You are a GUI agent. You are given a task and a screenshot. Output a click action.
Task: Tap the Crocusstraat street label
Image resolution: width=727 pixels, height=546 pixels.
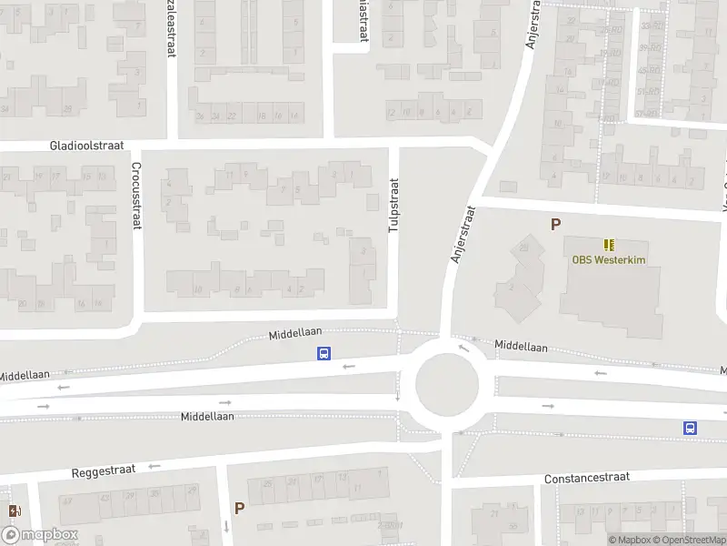(135, 195)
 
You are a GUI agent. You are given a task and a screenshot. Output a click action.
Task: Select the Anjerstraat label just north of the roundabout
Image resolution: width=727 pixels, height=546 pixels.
(463, 235)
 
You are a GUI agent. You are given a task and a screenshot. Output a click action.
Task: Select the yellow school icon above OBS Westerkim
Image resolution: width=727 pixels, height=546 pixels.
(609, 244)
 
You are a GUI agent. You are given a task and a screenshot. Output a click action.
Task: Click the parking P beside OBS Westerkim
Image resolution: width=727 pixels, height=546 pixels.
(555, 224)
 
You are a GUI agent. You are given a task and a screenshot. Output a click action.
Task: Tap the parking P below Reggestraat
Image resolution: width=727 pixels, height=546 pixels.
(239, 509)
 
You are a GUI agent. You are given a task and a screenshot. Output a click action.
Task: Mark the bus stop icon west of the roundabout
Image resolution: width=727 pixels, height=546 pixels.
(323, 354)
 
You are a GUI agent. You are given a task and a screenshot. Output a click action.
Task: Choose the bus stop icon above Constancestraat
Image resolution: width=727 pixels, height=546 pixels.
(690, 428)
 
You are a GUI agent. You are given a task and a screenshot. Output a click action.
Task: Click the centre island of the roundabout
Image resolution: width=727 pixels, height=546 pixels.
(446, 383)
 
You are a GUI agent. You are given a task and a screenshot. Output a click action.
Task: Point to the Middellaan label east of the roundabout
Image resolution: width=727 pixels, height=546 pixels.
(522, 347)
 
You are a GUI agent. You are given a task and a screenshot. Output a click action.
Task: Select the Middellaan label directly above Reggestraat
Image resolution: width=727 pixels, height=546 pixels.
(207, 417)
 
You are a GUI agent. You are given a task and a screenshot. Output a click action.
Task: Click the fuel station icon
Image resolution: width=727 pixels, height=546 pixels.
(14, 511)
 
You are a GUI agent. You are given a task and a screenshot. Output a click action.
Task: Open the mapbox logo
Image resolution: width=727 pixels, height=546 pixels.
(40, 535)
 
